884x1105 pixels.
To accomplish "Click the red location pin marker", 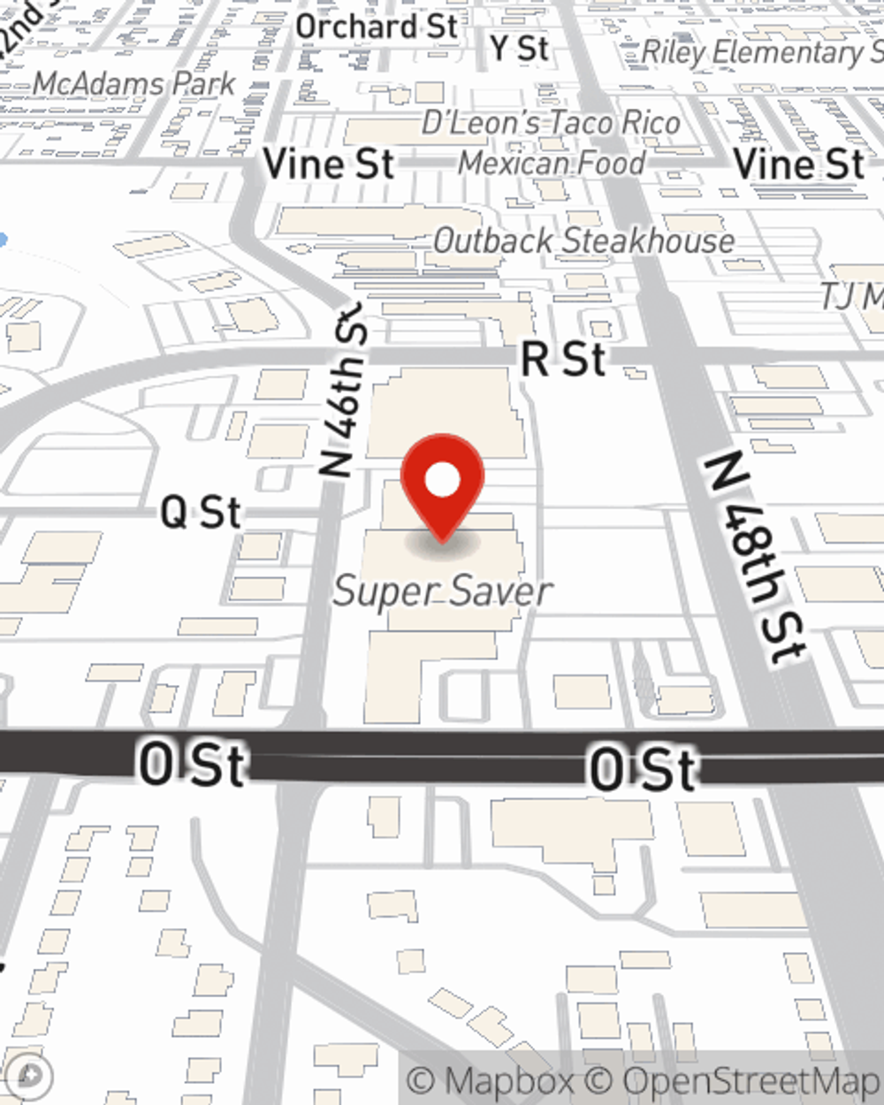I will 442,487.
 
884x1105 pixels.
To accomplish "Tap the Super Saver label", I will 443,591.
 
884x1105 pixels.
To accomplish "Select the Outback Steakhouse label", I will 583,240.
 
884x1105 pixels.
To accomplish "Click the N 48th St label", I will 757,557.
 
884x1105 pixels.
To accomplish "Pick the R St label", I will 564,359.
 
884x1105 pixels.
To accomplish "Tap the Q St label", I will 201,513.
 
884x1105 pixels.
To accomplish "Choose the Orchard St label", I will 377,27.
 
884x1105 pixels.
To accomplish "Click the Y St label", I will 520,48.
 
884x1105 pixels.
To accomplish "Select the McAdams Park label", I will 134,84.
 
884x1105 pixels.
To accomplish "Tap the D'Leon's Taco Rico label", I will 551,122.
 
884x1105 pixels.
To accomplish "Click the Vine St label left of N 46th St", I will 329,164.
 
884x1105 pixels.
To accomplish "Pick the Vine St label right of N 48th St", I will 799,164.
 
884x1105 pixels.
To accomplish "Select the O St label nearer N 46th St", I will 192,765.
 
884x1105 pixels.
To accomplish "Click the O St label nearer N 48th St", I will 643,769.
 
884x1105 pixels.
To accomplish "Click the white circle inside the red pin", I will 442,480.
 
